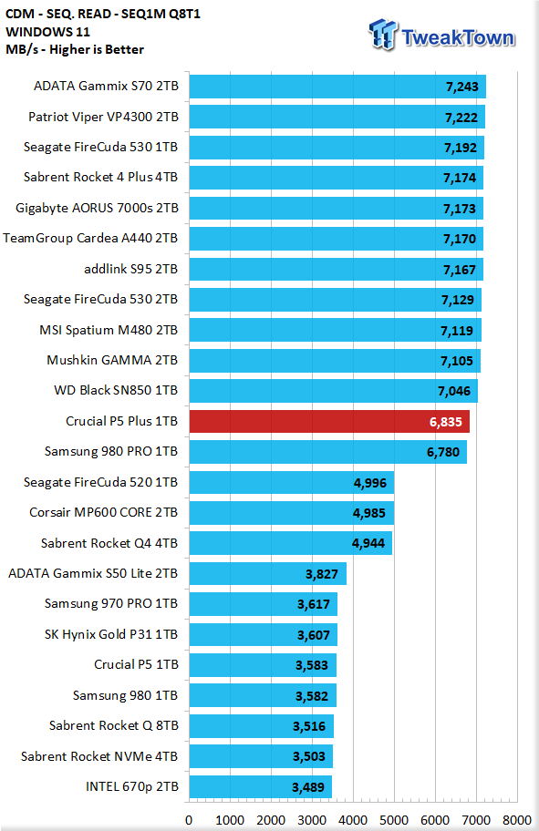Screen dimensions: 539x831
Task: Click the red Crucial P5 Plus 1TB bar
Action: click(x=329, y=421)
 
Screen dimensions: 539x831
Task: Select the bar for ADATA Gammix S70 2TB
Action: click(x=337, y=87)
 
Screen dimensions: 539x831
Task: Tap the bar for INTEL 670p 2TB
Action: click(x=261, y=787)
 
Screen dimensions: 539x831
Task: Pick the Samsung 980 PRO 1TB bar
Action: click(x=327, y=452)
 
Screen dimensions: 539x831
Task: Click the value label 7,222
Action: click(x=461, y=118)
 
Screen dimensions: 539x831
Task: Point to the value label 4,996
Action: click(x=370, y=483)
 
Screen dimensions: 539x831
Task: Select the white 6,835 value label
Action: click(x=446, y=422)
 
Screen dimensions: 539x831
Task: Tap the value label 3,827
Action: click(x=322, y=574)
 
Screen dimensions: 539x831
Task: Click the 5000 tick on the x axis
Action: click(x=394, y=820)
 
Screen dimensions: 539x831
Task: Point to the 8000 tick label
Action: click(x=517, y=820)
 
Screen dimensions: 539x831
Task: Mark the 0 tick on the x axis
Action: click(x=189, y=820)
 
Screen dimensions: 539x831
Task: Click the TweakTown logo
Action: click(x=441, y=35)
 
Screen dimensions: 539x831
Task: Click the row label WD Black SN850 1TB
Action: click(x=116, y=391)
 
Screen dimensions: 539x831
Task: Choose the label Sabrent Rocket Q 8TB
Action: click(x=113, y=725)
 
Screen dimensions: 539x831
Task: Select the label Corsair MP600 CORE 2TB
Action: click(x=103, y=512)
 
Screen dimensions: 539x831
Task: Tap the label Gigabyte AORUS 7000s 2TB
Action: click(x=97, y=209)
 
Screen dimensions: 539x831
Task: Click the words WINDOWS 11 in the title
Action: click(x=47, y=32)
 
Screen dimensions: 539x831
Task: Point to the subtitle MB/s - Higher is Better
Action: click(x=75, y=50)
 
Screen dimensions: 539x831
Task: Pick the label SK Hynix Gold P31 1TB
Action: click(x=111, y=634)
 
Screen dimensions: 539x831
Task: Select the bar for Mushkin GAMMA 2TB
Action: click(x=335, y=361)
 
